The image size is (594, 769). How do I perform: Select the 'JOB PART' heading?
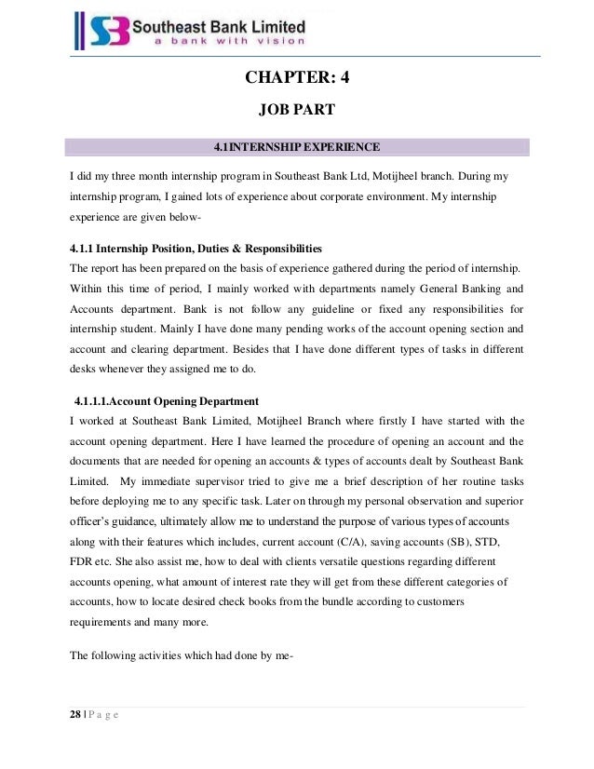click(x=296, y=111)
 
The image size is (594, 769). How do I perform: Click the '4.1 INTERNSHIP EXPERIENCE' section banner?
click(x=296, y=147)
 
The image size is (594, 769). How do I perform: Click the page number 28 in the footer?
click(x=76, y=714)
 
